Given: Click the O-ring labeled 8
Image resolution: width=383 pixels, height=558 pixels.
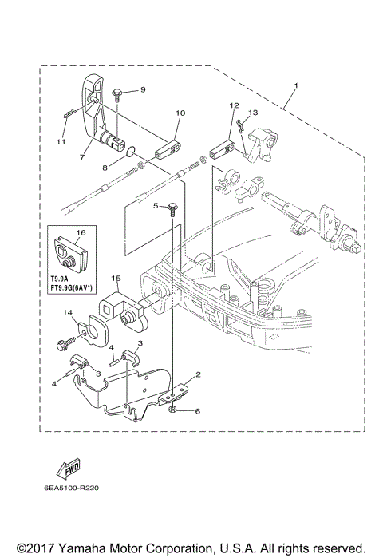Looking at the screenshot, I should [132, 148].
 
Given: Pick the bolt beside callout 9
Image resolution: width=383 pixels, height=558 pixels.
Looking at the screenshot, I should [117, 94].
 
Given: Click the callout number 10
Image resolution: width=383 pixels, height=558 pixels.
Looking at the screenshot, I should [179, 113].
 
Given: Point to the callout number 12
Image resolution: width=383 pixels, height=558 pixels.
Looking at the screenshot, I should [234, 105].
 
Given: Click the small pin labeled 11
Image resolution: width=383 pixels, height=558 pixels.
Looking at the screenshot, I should [69, 115].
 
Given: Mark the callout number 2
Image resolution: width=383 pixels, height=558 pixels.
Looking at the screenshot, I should [199, 374].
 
